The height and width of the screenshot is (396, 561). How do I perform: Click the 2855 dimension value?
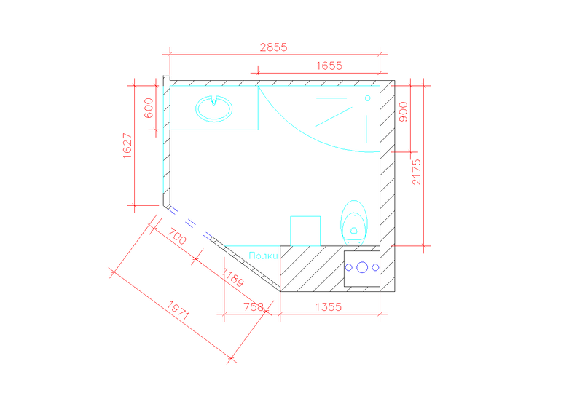274,47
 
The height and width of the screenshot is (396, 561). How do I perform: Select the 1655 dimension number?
329,66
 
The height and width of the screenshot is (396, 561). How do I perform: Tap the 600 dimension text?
149,108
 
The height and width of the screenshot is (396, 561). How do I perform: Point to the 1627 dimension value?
127,146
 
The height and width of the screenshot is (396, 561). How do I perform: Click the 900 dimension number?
403,112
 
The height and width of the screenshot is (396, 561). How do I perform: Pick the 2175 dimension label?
417,172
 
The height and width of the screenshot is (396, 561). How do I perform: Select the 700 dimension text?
177,237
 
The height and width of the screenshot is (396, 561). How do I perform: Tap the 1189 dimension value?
233,277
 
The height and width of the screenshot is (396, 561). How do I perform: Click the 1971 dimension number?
178,310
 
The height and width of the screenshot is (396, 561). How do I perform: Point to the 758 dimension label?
254,307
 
